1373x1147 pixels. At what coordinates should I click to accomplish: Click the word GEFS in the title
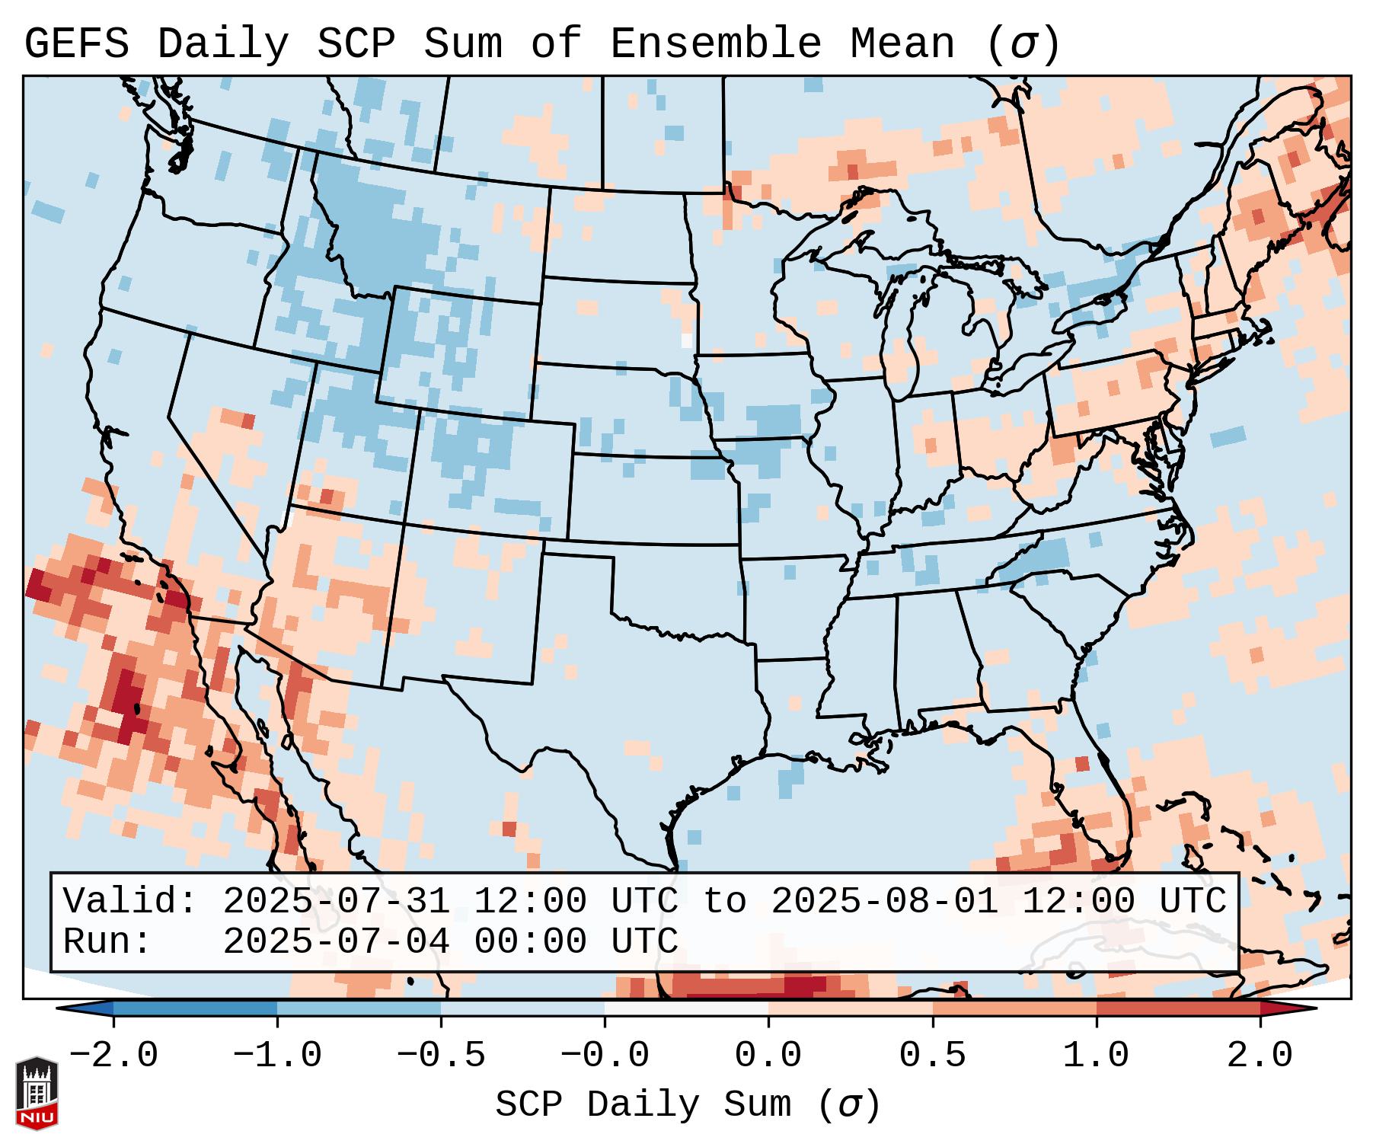pyautogui.click(x=77, y=44)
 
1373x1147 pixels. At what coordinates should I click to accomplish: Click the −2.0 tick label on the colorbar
pyautogui.click(x=113, y=1056)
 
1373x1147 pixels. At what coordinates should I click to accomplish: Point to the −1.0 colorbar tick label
pyautogui.click(x=277, y=1056)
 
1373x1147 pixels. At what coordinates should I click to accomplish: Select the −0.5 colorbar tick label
pyautogui.click(x=441, y=1056)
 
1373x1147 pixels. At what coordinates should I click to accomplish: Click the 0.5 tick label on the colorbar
pyautogui.click(x=932, y=1056)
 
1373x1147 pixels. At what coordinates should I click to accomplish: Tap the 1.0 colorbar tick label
pyautogui.click(x=1096, y=1056)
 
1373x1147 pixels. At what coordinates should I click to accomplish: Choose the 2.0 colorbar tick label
pyautogui.click(x=1260, y=1056)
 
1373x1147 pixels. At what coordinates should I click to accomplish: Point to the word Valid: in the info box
pyautogui.click(x=130, y=901)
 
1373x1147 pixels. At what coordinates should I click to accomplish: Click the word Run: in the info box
pyautogui.click(x=107, y=941)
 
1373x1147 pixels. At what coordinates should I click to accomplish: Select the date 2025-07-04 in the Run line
pyautogui.click(x=336, y=941)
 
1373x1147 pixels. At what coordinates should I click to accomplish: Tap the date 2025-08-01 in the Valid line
pyautogui.click(x=884, y=901)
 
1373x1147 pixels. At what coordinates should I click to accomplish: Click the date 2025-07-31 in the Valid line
pyautogui.click(x=336, y=901)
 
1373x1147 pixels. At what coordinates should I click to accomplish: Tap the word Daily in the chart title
pyautogui.click(x=223, y=44)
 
